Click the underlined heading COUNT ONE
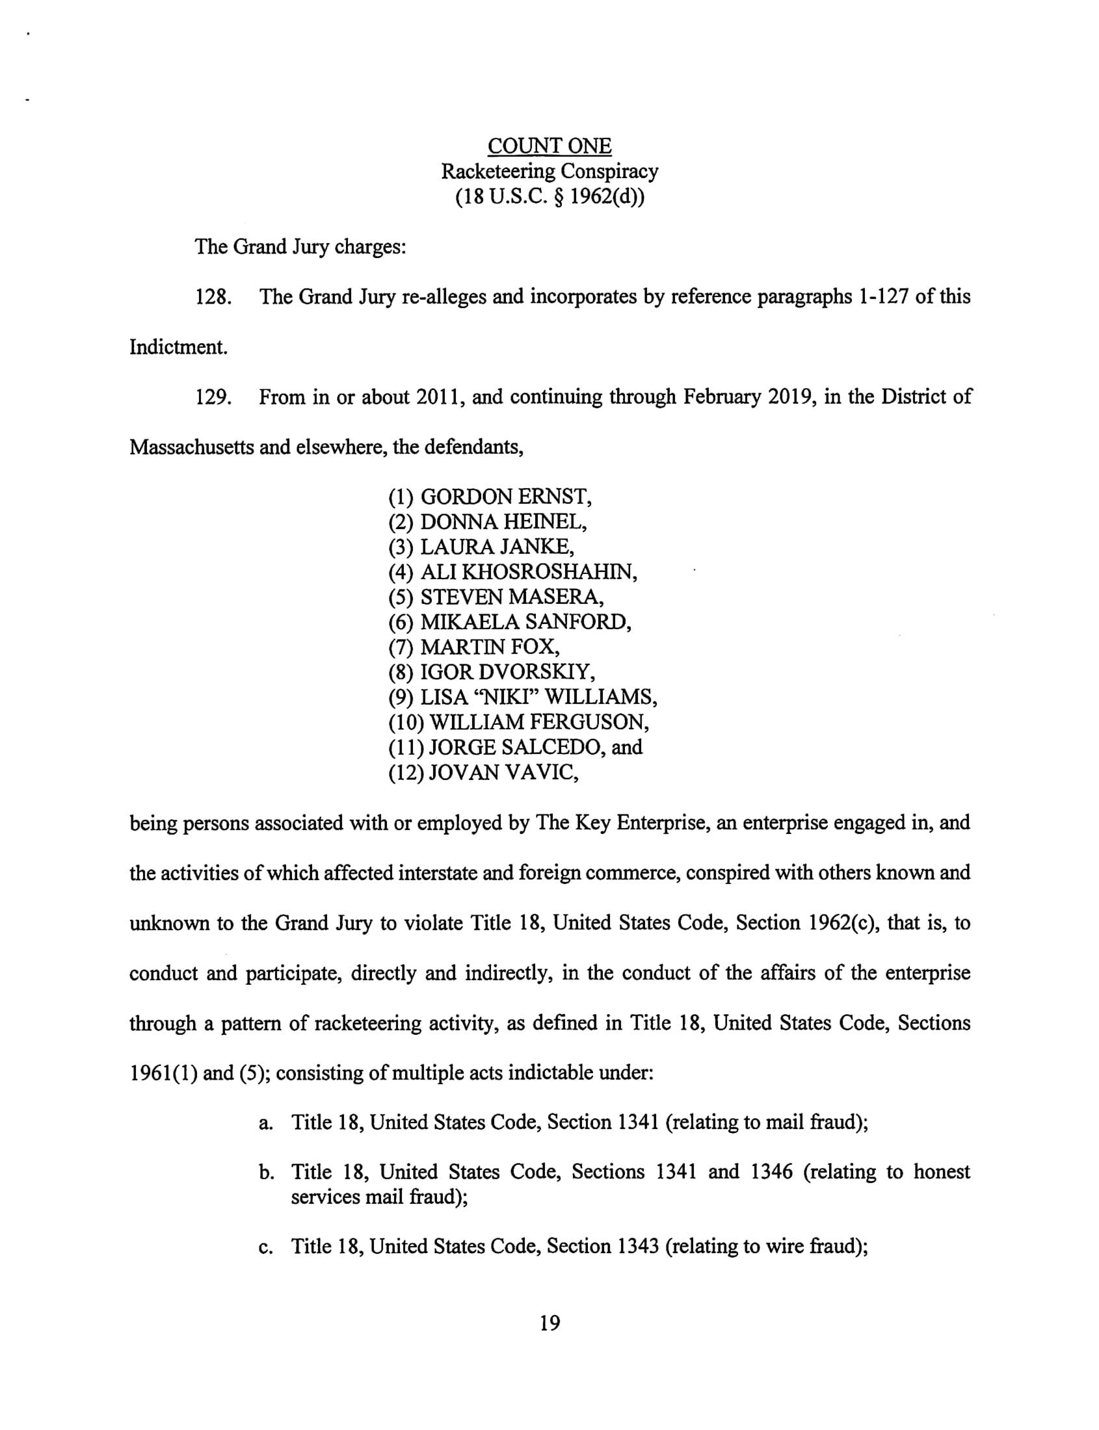click(x=549, y=146)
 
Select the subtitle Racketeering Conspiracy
click(x=549, y=172)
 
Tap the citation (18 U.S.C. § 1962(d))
click(x=549, y=197)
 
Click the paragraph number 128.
click(x=214, y=298)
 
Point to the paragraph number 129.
click(x=214, y=398)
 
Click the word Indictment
click(x=178, y=347)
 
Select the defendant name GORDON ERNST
click(x=506, y=497)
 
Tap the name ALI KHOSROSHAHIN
click(x=529, y=572)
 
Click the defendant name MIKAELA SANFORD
click(x=525, y=622)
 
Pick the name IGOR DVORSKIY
click(x=508, y=672)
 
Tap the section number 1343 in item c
click(x=637, y=1246)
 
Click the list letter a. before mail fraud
click(x=265, y=1123)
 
